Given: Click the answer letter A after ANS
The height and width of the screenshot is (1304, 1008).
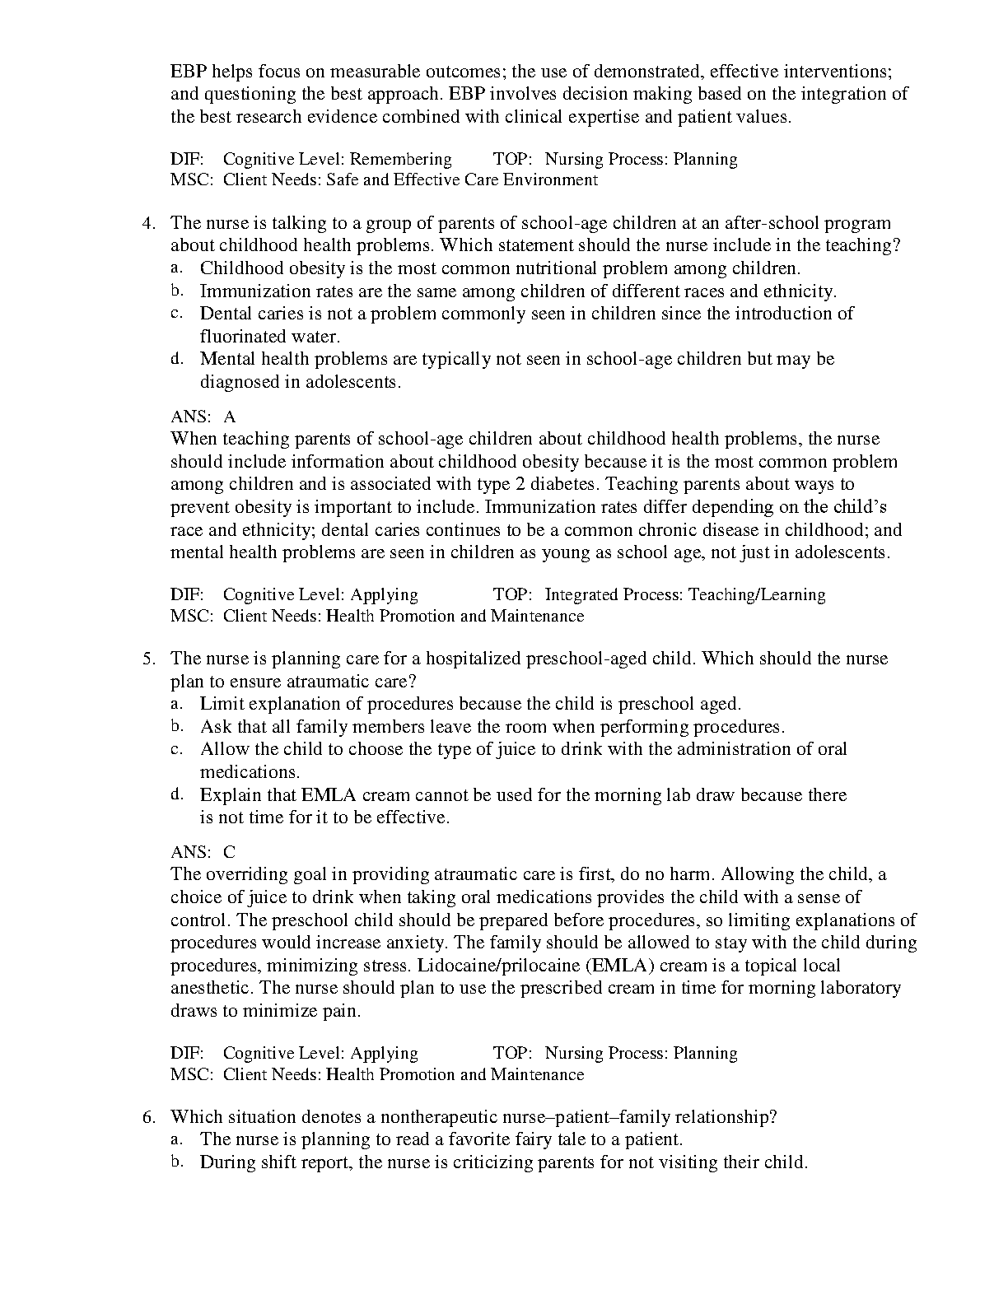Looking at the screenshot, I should click(x=229, y=417).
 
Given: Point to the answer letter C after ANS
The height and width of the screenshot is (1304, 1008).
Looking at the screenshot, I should click(x=229, y=853).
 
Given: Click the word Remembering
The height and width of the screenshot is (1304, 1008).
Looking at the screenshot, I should click(x=401, y=159).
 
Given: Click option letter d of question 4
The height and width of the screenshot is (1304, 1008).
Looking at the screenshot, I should click(x=176, y=359).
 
